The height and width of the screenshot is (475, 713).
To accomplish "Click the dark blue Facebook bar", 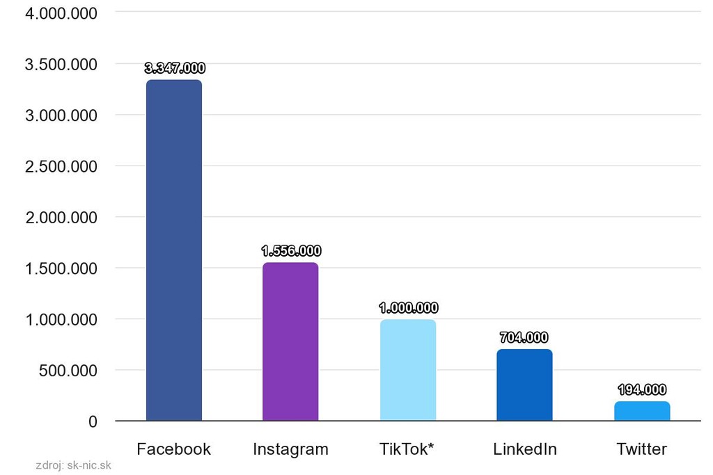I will (x=174, y=250).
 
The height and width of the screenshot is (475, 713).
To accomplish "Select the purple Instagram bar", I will (x=290, y=341).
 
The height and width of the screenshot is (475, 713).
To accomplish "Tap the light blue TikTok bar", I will (x=408, y=370).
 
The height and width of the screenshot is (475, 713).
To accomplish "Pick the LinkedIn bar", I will (x=524, y=385).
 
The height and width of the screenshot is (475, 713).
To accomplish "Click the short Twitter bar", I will (x=642, y=411).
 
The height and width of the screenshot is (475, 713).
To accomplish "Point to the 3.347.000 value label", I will (x=175, y=68).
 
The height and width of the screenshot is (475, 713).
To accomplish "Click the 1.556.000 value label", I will (x=291, y=251).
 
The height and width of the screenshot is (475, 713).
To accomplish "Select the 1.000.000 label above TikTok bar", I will (x=408, y=308).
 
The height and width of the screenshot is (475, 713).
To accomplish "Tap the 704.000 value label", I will (x=524, y=338).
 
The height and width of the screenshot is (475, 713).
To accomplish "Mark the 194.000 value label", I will (x=642, y=390).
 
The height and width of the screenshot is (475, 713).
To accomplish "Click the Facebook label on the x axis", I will (x=173, y=449).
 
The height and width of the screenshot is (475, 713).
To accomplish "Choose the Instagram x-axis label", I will (x=290, y=449).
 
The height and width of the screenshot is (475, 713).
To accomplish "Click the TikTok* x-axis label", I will (x=407, y=449).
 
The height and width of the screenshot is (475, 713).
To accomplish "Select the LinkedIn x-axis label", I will (x=525, y=449).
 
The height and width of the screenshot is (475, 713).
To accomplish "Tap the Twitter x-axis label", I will (x=642, y=449).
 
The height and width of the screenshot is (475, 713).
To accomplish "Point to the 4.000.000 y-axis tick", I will (x=61, y=13).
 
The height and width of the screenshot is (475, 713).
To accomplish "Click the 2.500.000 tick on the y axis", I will (x=61, y=166).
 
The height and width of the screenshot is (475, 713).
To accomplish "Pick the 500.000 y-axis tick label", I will (x=68, y=371).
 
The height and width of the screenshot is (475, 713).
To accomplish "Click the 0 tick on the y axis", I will (x=92, y=421).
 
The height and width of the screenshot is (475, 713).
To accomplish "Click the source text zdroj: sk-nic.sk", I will (x=73, y=466).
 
